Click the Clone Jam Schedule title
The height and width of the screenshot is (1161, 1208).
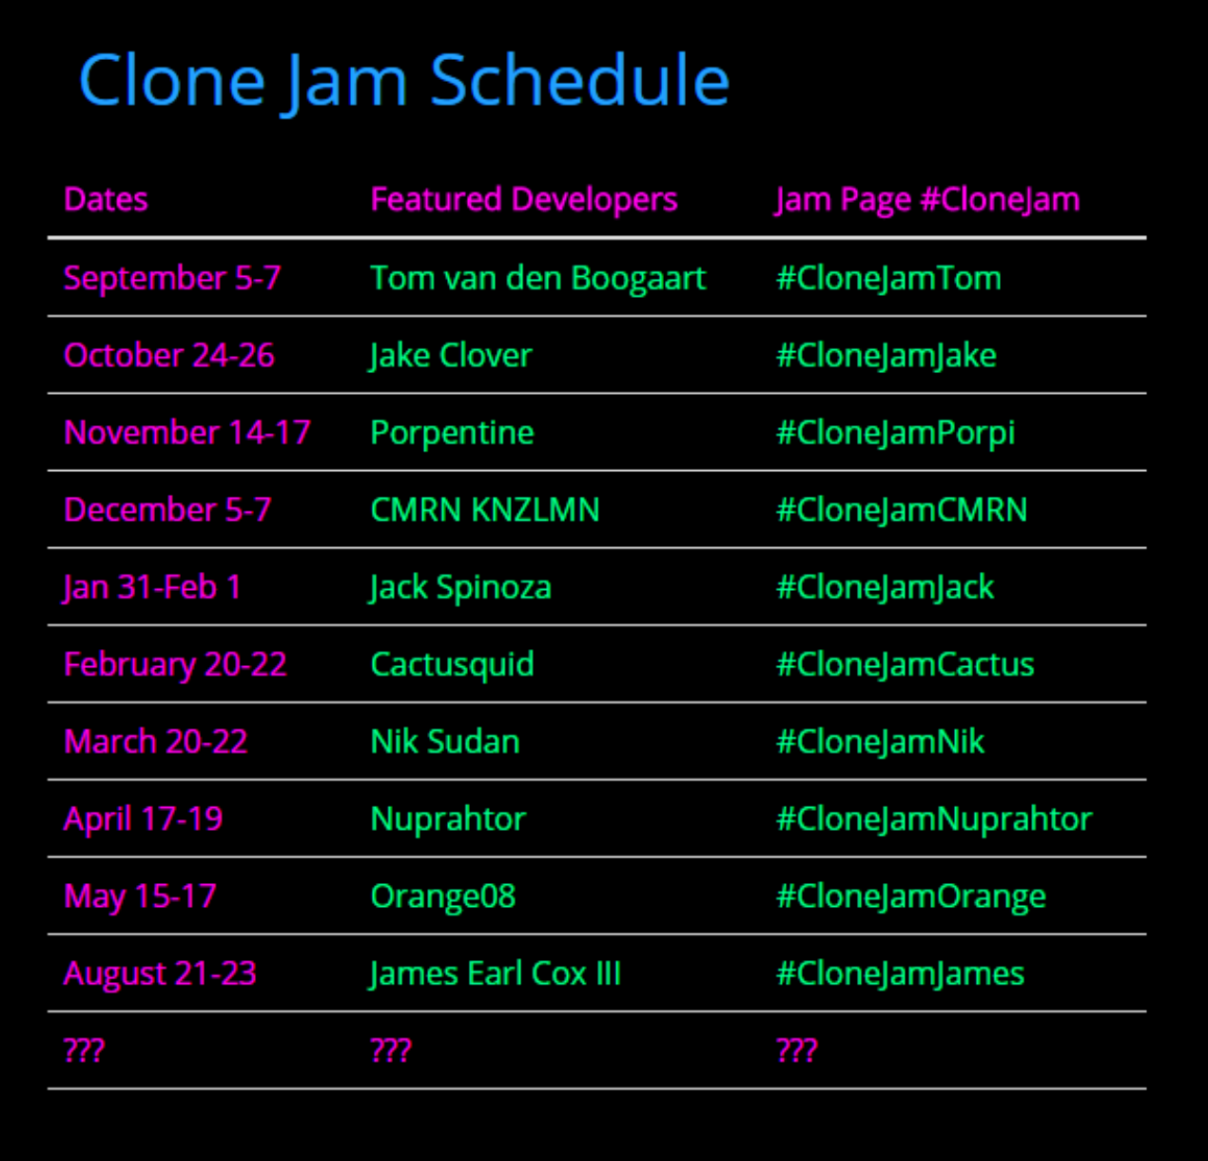(404, 82)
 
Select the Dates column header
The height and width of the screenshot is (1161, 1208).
(107, 200)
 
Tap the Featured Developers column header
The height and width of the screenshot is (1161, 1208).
(524, 200)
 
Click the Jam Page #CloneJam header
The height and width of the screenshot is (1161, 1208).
(927, 200)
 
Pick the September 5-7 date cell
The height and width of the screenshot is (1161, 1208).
(172, 278)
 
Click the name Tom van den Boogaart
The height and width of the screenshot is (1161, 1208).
(538, 278)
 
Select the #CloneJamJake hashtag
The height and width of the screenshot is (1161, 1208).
(887, 356)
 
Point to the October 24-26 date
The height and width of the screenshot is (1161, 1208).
(169, 355)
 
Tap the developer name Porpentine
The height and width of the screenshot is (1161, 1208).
(452, 433)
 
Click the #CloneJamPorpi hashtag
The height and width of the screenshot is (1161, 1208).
(896, 433)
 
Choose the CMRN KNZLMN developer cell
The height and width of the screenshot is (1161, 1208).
(485, 510)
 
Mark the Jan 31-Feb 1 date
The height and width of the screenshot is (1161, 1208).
(152, 588)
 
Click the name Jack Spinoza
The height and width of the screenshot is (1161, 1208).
(460, 588)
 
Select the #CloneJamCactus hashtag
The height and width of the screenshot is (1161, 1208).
(906, 664)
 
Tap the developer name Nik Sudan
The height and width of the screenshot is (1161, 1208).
(445, 741)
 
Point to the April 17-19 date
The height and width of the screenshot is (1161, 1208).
(144, 819)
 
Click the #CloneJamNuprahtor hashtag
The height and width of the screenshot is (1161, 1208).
(934, 819)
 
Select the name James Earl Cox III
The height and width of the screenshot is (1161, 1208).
(495, 974)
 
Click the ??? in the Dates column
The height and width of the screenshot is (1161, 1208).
(85, 1051)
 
